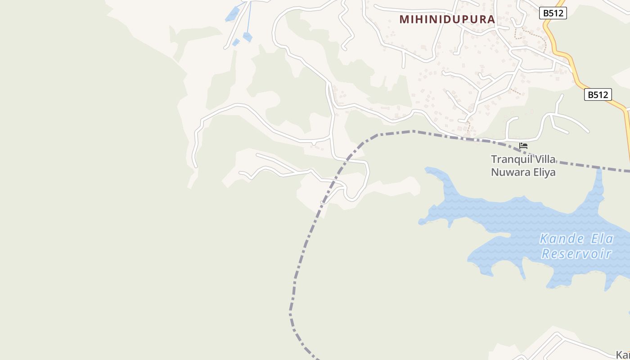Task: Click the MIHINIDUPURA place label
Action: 447,19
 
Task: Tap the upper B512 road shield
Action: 553,13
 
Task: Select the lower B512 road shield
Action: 598,94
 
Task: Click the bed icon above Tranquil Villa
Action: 523,145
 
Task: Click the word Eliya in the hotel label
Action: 544,172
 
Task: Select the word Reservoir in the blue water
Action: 576,254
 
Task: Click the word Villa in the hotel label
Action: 544,160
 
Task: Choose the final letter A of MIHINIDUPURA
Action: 491,19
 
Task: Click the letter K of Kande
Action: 544,238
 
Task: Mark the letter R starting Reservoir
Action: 545,254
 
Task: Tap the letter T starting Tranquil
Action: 494,160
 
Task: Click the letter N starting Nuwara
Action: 495,172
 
